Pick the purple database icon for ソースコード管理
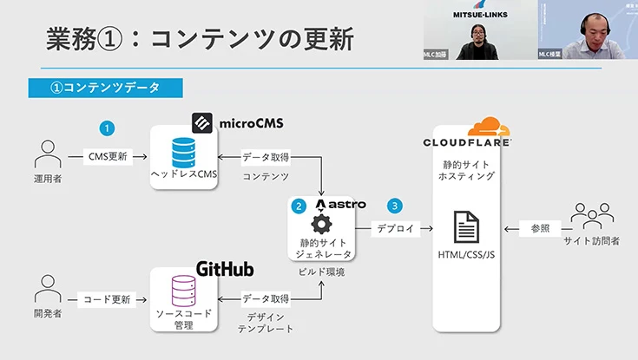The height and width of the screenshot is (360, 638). pos(183,291)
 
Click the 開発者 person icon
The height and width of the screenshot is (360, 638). pos(45,291)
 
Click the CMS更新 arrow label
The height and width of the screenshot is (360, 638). pos(108,157)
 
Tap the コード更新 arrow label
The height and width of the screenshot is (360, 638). pos(107,299)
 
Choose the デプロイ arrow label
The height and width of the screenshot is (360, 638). pos(395,229)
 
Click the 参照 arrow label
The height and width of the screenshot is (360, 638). pos(540,229)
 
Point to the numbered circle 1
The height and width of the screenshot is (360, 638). pos(107,128)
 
